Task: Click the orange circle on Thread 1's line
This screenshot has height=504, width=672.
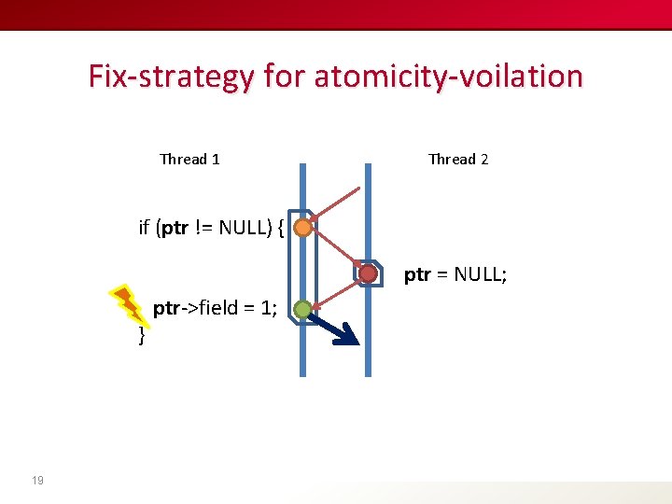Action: click(x=301, y=227)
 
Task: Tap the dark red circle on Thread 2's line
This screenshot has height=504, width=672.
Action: click(x=369, y=273)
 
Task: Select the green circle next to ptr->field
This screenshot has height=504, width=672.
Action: click(x=301, y=309)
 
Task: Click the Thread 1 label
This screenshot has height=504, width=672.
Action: click(x=189, y=160)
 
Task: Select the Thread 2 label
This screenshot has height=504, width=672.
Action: click(x=458, y=160)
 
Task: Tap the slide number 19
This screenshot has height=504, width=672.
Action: click(x=37, y=481)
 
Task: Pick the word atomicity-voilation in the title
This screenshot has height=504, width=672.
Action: click(x=448, y=76)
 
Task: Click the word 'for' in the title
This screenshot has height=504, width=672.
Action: click(x=284, y=76)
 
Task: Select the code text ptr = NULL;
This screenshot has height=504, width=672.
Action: click(x=455, y=274)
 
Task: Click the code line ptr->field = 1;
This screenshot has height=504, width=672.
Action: click(x=215, y=308)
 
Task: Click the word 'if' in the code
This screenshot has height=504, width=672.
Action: click(x=145, y=227)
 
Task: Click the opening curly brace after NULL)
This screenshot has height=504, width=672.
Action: click(x=281, y=228)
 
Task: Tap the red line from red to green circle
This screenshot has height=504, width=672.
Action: click(x=336, y=290)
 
